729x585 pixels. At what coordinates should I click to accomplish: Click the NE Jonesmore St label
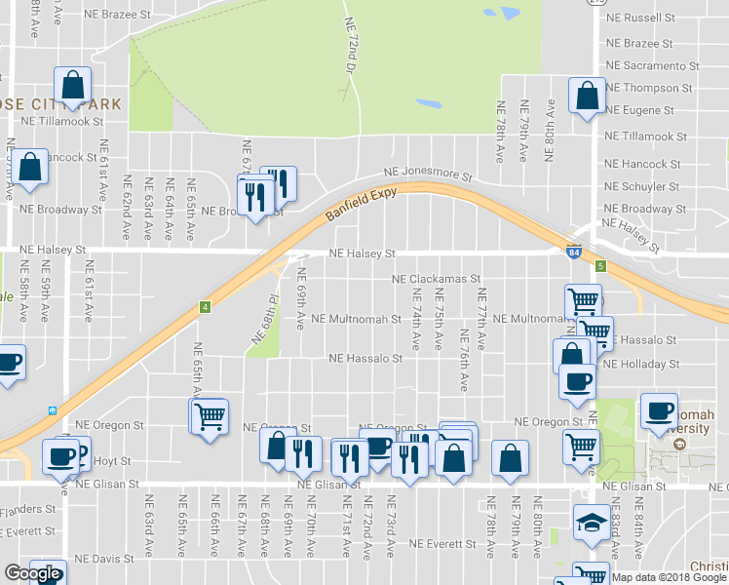427,174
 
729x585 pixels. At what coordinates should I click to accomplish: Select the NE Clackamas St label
437,279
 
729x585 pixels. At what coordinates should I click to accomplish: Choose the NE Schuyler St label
642,186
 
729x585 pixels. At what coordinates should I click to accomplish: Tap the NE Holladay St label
641,365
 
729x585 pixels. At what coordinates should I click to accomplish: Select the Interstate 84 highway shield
574,253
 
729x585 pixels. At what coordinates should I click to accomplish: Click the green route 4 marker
205,307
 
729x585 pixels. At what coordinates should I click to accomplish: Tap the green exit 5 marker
601,265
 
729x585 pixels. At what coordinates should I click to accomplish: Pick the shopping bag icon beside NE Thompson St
587,96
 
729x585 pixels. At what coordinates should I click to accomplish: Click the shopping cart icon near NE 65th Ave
210,415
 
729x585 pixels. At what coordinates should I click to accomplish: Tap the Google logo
32,574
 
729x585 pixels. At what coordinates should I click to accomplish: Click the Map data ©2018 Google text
668,577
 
